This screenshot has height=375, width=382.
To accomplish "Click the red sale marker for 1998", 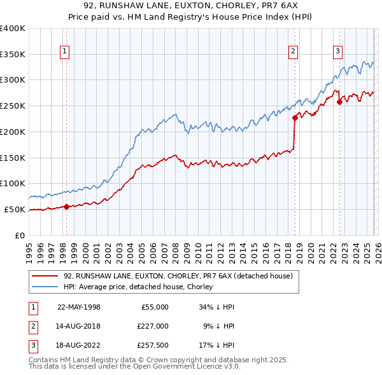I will coord(66,206).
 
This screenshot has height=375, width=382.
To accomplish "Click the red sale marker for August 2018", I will coord(295,117).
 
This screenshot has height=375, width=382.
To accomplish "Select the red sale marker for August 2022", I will coord(339,101).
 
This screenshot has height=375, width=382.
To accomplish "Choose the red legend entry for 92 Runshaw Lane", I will coord(178,276).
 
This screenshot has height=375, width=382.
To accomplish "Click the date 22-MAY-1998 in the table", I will coord(79,307).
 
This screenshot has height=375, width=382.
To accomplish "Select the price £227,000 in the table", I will coord(153,326).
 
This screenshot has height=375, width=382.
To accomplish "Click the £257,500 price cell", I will coord(153,345).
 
